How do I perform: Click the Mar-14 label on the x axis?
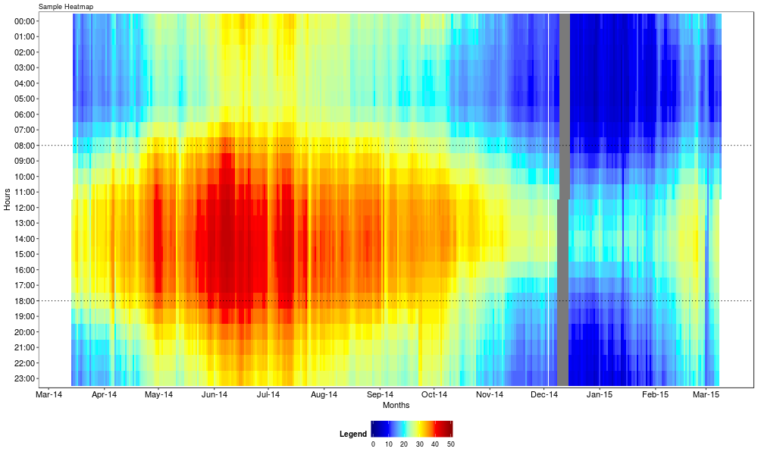click(x=49, y=395)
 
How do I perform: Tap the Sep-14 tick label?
click(x=380, y=395)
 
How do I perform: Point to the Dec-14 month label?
click(x=544, y=395)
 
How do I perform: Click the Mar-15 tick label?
click(x=706, y=395)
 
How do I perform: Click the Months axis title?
click(x=396, y=406)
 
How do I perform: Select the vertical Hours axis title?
click(x=7, y=199)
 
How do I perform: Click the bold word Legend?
click(x=352, y=434)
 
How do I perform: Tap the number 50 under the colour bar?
click(x=450, y=444)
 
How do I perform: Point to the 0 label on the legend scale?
click(x=373, y=444)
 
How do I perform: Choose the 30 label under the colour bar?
click(x=419, y=444)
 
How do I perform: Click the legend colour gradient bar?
click(x=412, y=428)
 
